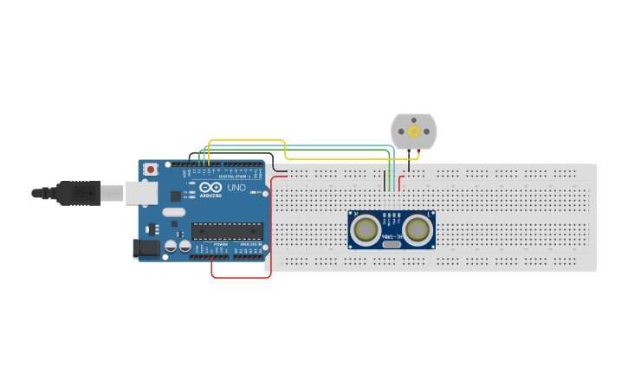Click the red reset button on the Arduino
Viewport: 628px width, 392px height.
pos(151,170)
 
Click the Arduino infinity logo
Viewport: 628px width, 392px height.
pos(210,187)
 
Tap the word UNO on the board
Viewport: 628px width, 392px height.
pos(236,187)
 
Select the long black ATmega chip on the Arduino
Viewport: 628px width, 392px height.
pos(227,231)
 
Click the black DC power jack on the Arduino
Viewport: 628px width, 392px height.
pos(146,248)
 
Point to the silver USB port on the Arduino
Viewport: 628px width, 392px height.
pos(141,193)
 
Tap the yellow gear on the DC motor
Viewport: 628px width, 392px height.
pos(414,132)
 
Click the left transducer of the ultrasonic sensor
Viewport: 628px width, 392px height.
pos(366,229)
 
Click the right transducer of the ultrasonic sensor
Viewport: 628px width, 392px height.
pos(418,229)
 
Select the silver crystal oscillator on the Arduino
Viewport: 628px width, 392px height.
pos(174,212)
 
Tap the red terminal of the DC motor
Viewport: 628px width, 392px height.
pos(419,152)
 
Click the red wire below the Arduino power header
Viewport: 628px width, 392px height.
pos(241,277)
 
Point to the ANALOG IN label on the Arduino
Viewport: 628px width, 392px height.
pos(249,245)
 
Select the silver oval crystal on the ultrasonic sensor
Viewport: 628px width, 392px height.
pos(392,244)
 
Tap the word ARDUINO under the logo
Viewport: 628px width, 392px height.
pos(210,196)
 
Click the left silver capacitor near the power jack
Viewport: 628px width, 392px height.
pos(171,247)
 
